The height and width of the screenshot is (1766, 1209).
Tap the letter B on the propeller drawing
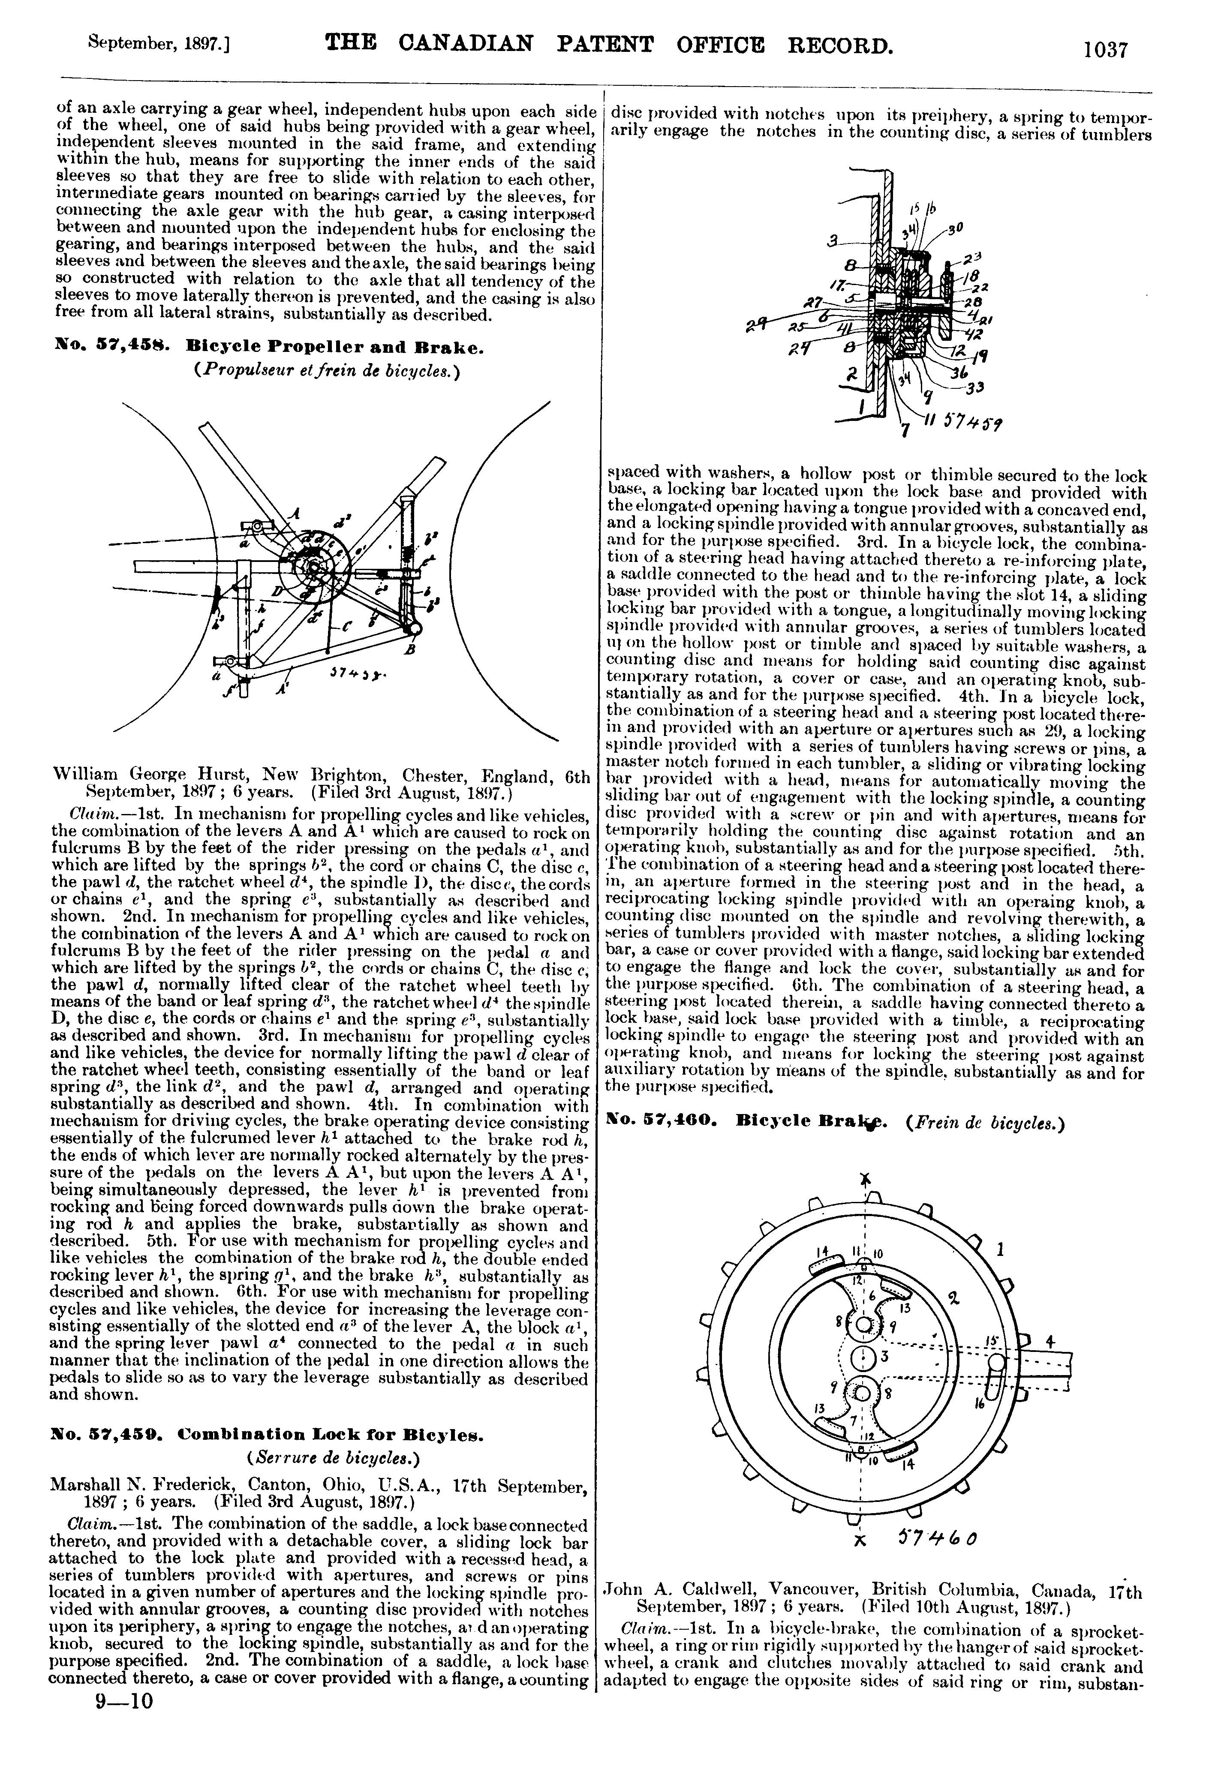coord(410,651)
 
